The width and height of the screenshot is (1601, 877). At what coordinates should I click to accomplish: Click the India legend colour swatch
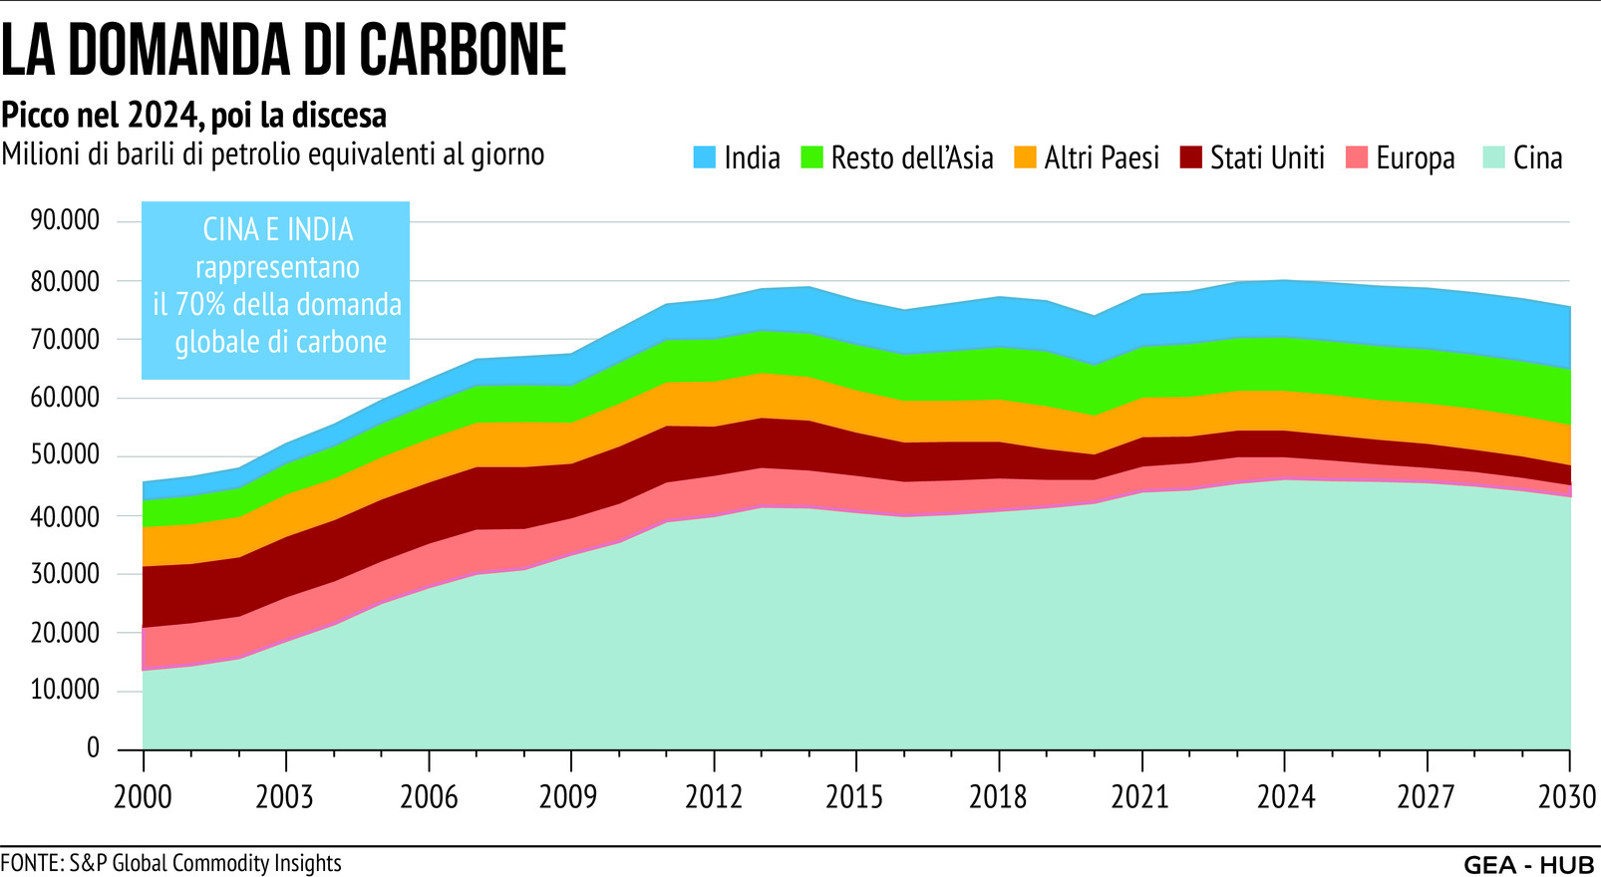(x=705, y=157)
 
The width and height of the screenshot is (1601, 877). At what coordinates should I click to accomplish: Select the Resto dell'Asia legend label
(x=911, y=157)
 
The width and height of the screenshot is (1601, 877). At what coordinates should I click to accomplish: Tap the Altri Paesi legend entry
(x=1101, y=157)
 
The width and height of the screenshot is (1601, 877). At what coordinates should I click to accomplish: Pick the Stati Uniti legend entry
(x=1266, y=157)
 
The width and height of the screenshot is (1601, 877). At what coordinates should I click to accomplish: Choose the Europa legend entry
(x=1414, y=157)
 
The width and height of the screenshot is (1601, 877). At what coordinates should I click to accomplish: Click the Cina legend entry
(x=1536, y=157)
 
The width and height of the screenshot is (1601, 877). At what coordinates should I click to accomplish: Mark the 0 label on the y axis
(x=93, y=747)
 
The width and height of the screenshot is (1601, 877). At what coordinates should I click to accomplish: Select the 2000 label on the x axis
(x=143, y=797)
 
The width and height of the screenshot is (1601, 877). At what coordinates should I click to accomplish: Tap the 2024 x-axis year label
(x=1285, y=797)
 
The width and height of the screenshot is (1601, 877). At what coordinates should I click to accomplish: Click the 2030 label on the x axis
(x=1568, y=797)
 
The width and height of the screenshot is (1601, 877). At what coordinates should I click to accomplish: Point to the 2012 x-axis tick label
(x=714, y=797)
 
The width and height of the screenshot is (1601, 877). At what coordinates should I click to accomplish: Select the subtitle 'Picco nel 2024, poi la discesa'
(x=193, y=116)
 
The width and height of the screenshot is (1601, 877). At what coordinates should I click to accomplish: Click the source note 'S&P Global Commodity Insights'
(x=205, y=863)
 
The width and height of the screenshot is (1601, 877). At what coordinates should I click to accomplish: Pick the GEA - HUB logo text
(x=1529, y=864)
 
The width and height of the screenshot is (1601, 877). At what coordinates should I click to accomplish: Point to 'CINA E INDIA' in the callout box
(x=277, y=230)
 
